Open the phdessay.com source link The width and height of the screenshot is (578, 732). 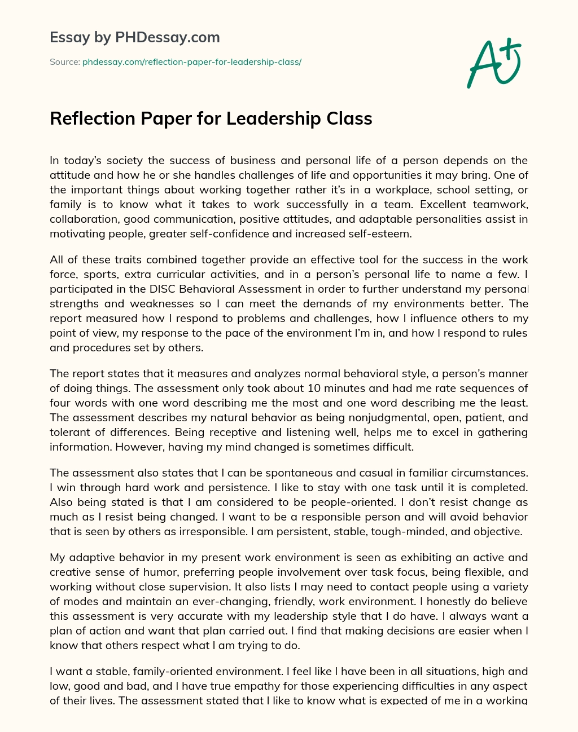coord(192,62)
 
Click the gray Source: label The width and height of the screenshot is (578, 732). coord(64,62)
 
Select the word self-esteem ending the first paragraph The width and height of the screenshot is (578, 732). coord(382,233)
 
